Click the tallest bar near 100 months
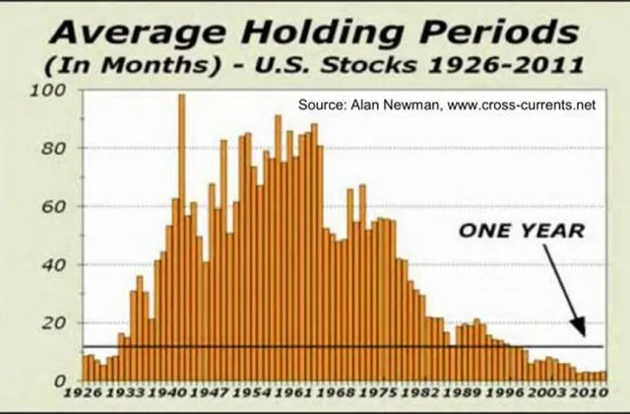(x=181, y=238)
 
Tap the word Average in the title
(x=138, y=34)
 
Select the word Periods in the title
(x=499, y=33)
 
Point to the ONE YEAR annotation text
(x=522, y=231)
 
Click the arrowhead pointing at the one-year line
(x=579, y=326)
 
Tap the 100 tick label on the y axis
(x=48, y=90)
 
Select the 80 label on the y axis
(x=53, y=149)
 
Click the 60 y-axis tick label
(x=53, y=207)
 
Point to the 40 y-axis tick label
(x=53, y=265)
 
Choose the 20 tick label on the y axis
(x=53, y=323)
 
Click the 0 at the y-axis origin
(x=60, y=381)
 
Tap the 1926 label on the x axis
(x=83, y=392)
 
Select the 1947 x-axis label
(x=209, y=392)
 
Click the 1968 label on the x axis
(x=336, y=392)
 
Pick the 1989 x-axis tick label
(x=462, y=392)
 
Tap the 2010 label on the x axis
(x=588, y=392)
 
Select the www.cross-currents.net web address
(x=521, y=105)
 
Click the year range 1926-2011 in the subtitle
(x=505, y=66)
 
